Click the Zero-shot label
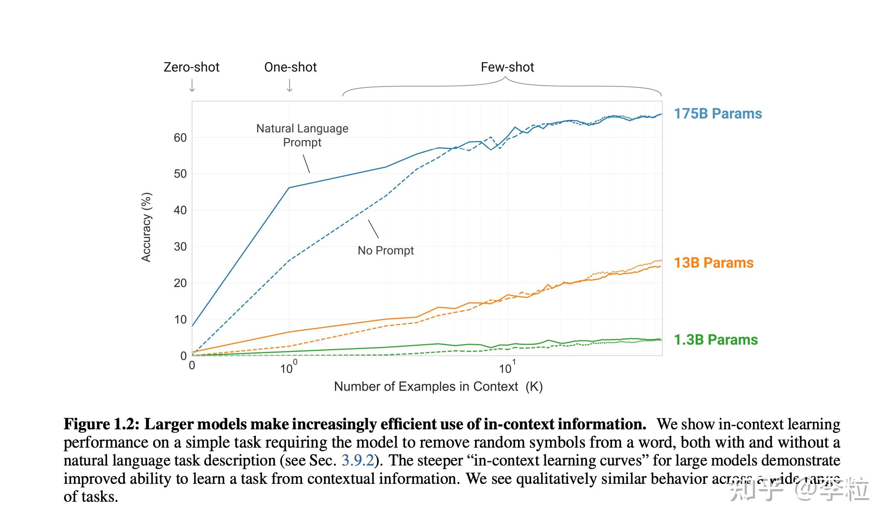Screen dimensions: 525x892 pyautogui.click(x=191, y=67)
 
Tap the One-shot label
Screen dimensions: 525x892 pyautogui.click(x=290, y=67)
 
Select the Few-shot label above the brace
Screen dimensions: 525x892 pyautogui.click(x=507, y=67)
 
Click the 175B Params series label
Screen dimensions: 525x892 pyautogui.click(x=718, y=114)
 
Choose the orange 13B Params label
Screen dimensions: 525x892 pyautogui.click(x=714, y=263)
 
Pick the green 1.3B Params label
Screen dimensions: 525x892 pyautogui.click(x=716, y=340)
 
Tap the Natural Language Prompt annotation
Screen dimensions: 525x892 pyautogui.click(x=302, y=135)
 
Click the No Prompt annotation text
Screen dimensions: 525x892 pyautogui.click(x=386, y=250)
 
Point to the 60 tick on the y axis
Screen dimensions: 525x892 pyautogui.click(x=180, y=138)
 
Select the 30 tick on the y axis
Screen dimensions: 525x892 pyautogui.click(x=180, y=247)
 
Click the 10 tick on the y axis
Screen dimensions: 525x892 pyautogui.click(x=180, y=319)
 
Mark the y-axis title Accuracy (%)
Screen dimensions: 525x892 pyautogui.click(x=146, y=227)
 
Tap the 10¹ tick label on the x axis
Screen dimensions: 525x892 pyautogui.click(x=507, y=368)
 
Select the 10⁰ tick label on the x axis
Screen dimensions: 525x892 pyautogui.click(x=288, y=368)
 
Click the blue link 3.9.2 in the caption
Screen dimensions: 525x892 pyautogui.click(x=358, y=461)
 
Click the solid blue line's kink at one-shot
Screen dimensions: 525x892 pyautogui.click(x=289, y=188)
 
